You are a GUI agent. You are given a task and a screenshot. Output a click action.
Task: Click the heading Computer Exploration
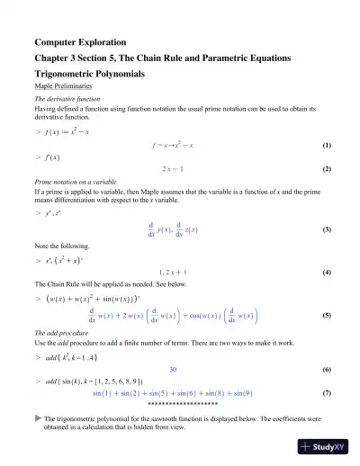[x=80, y=42]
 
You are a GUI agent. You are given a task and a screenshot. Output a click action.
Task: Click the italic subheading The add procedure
[x=61, y=334]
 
